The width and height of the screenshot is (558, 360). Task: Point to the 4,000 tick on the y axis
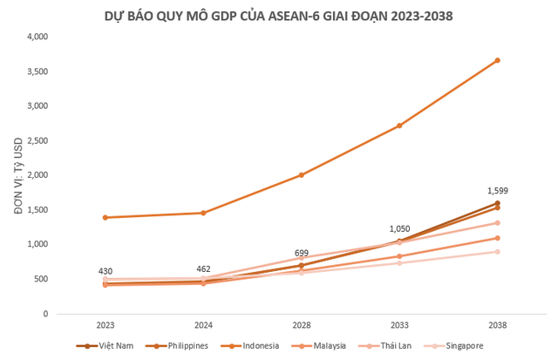click(37, 37)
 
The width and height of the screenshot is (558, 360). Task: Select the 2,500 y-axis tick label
click(37, 141)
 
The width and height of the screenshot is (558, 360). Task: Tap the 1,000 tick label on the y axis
click(37, 245)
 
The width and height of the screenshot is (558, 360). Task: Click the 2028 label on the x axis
click(301, 325)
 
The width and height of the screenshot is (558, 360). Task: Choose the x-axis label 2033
click(399, 325)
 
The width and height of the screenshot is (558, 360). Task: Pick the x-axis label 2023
click(105, 325)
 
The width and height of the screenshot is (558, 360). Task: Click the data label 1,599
click(497, 190)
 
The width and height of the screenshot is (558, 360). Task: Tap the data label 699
click(301, 252)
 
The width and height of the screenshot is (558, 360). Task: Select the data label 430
click(105, 271)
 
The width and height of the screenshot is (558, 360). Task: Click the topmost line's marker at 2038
click(497, 60)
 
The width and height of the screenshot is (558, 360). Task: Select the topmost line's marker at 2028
click(301, 175)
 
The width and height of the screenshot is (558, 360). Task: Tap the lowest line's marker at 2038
click(497, 252)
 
